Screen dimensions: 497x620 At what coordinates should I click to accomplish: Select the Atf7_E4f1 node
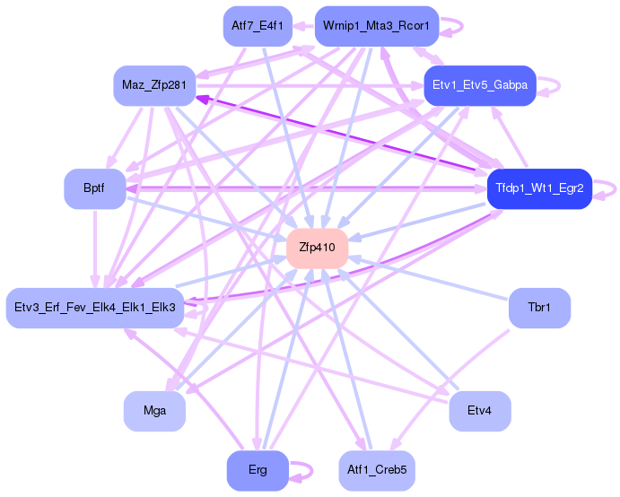(x=257, y=26)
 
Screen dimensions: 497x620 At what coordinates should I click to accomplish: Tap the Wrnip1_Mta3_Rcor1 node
(x=376, y=26)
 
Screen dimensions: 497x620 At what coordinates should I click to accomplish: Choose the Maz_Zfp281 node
(x=154, y=86)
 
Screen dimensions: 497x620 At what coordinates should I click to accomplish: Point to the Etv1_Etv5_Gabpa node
(x=479, y=86)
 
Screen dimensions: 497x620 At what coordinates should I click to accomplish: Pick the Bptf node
(x=93, y=189)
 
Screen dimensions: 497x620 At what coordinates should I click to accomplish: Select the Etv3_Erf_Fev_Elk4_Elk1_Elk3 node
(x=95, y=308)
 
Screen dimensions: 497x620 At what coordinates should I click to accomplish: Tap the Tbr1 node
(x=538, y=308)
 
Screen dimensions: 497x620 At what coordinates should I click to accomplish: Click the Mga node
(x=154, y=411)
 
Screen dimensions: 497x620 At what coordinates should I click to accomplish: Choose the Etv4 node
(x=479, y=411)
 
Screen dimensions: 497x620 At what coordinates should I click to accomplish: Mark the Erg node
(x=257, y=471)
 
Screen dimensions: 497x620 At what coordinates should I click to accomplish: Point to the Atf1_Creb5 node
(x=376, y=471)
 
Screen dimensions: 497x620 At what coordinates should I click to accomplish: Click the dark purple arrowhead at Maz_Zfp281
(x=203, y=99)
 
